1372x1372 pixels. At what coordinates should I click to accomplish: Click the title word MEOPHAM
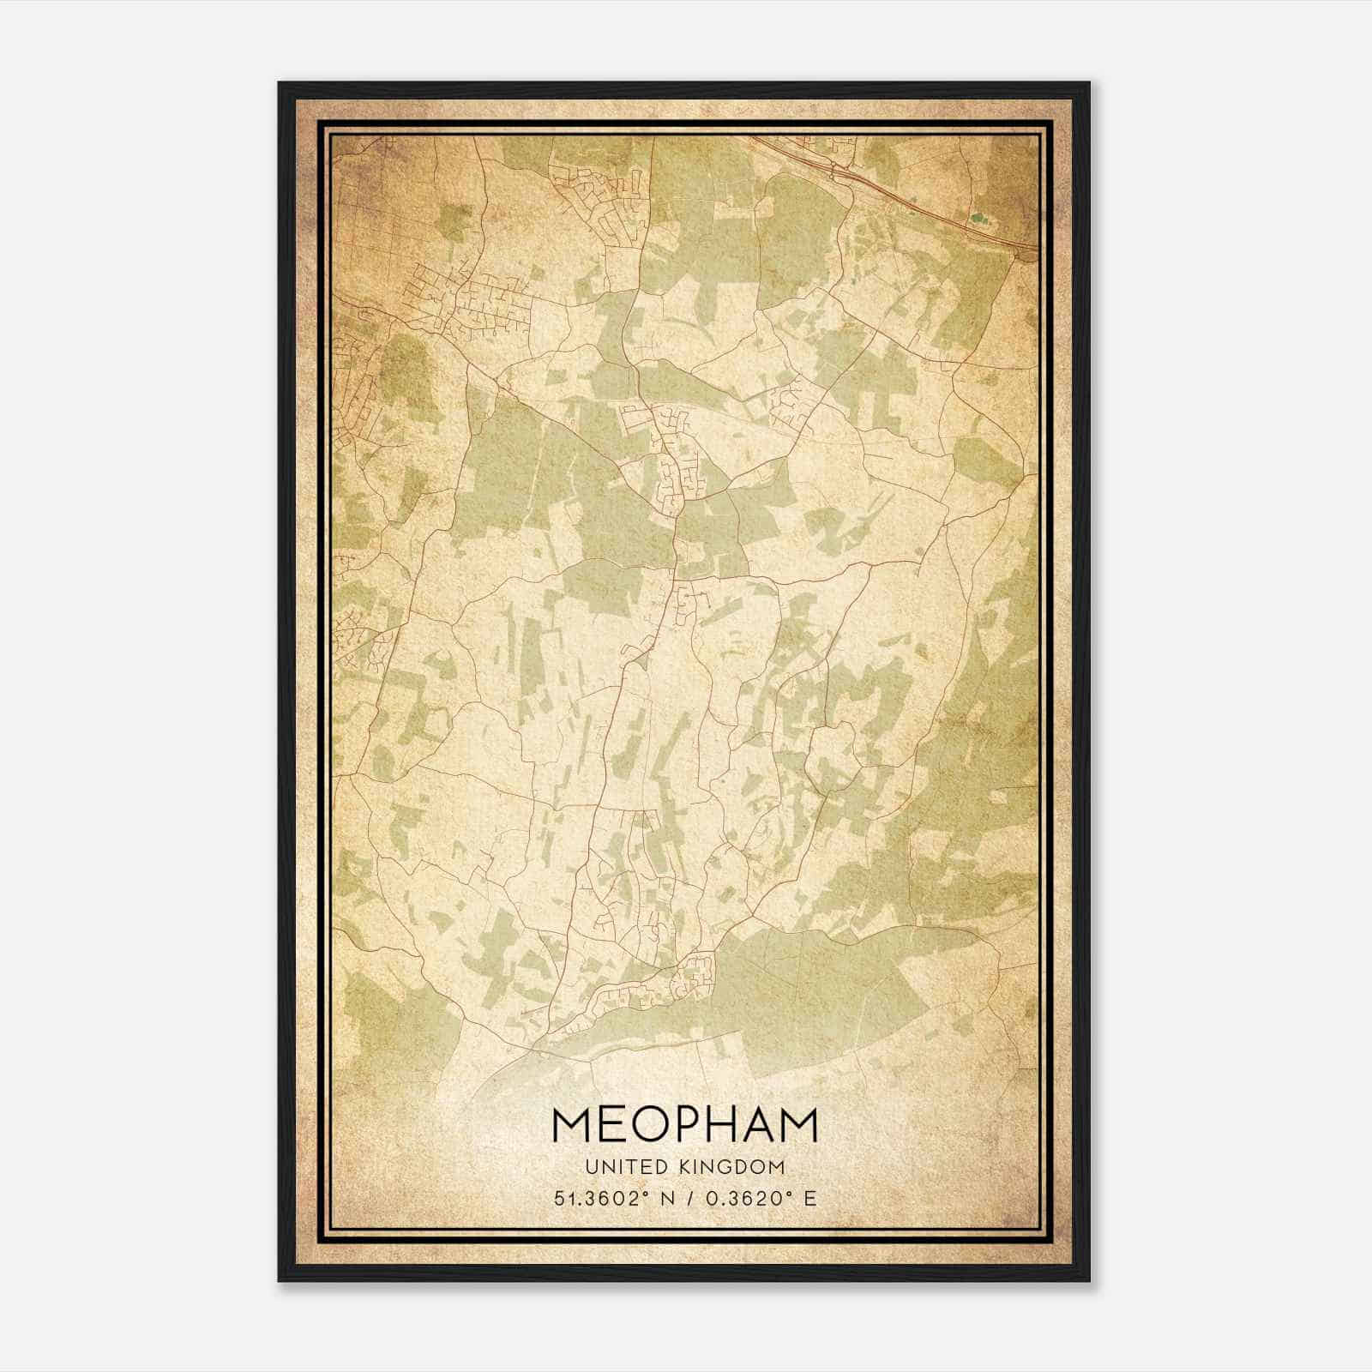(x=685, y=1125)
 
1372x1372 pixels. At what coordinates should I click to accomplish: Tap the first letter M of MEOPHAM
(x=571, y=1125)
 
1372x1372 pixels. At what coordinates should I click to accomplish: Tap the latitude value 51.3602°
(x=597, y=1198)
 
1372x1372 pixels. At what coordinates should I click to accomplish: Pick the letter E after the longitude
(x=809, y=1198)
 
